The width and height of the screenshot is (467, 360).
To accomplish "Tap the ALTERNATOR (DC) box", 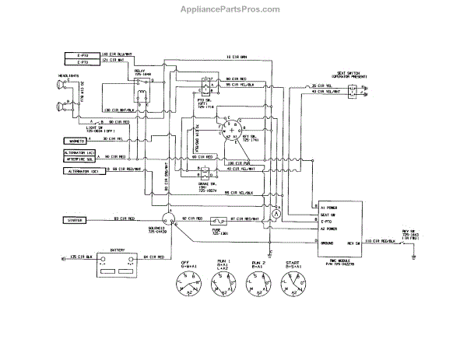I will click(81, 169).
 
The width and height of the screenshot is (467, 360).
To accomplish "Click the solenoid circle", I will click(167, 220).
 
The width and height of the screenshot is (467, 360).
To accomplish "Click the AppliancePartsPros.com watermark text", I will click(233, 9).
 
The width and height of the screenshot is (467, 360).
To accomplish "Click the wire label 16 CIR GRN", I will click(233, 57).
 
